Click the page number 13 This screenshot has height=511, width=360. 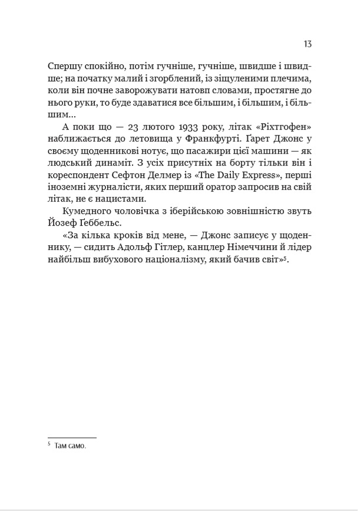point(308,45)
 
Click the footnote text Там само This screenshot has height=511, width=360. point(70,447)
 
